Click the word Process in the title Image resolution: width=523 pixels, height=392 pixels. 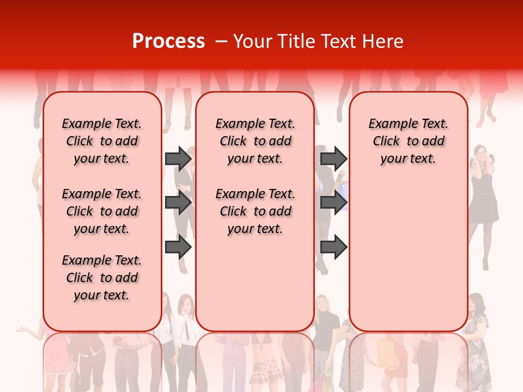[168, 41]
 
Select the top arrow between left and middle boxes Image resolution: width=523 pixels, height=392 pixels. [178, 158]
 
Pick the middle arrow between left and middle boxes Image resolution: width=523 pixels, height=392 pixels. [178, 203]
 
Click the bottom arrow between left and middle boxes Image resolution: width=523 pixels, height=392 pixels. [178, 247]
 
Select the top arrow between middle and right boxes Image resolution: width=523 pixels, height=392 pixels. [333, 158]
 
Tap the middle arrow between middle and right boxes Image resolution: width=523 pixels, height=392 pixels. [333, 203]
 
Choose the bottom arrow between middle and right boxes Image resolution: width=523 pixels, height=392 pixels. [333, 247]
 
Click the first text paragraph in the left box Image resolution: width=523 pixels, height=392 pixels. [102, 141]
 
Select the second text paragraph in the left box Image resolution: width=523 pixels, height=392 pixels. [102, 211]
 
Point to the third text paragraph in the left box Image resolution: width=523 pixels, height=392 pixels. [102, 278]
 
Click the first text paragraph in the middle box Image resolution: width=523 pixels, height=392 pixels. [255, 141]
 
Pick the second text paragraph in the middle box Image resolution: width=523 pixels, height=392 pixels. [255, 211]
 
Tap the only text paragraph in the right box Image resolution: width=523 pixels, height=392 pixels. [408, 141]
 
